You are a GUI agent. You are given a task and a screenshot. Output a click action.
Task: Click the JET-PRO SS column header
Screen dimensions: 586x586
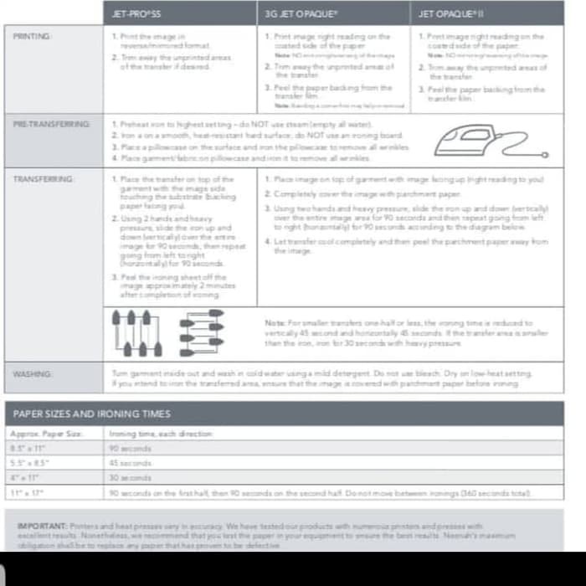(137, 13)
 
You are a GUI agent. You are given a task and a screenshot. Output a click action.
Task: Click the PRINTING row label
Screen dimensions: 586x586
(33, 36)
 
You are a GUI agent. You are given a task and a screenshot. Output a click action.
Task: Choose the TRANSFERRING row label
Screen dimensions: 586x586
(44, 179)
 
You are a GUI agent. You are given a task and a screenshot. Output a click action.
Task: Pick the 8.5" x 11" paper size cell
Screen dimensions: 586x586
(29, 448)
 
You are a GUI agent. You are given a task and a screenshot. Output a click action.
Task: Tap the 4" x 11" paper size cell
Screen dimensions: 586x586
(26, 478)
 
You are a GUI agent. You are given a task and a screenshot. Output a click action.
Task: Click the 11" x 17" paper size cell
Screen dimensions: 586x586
(28, 493)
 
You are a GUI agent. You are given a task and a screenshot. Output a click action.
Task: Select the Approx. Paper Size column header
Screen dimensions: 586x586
(47, 434)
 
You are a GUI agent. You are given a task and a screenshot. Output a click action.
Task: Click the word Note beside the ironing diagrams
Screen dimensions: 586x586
(275, 322)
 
